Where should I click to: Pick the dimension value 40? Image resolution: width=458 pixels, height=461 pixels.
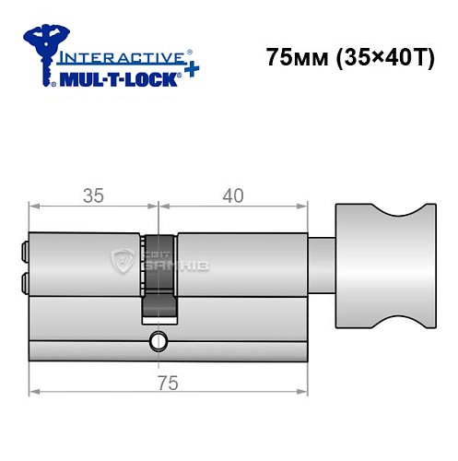click(x=232, y=196)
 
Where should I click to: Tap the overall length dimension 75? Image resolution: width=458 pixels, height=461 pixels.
click(x=166, y=384)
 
